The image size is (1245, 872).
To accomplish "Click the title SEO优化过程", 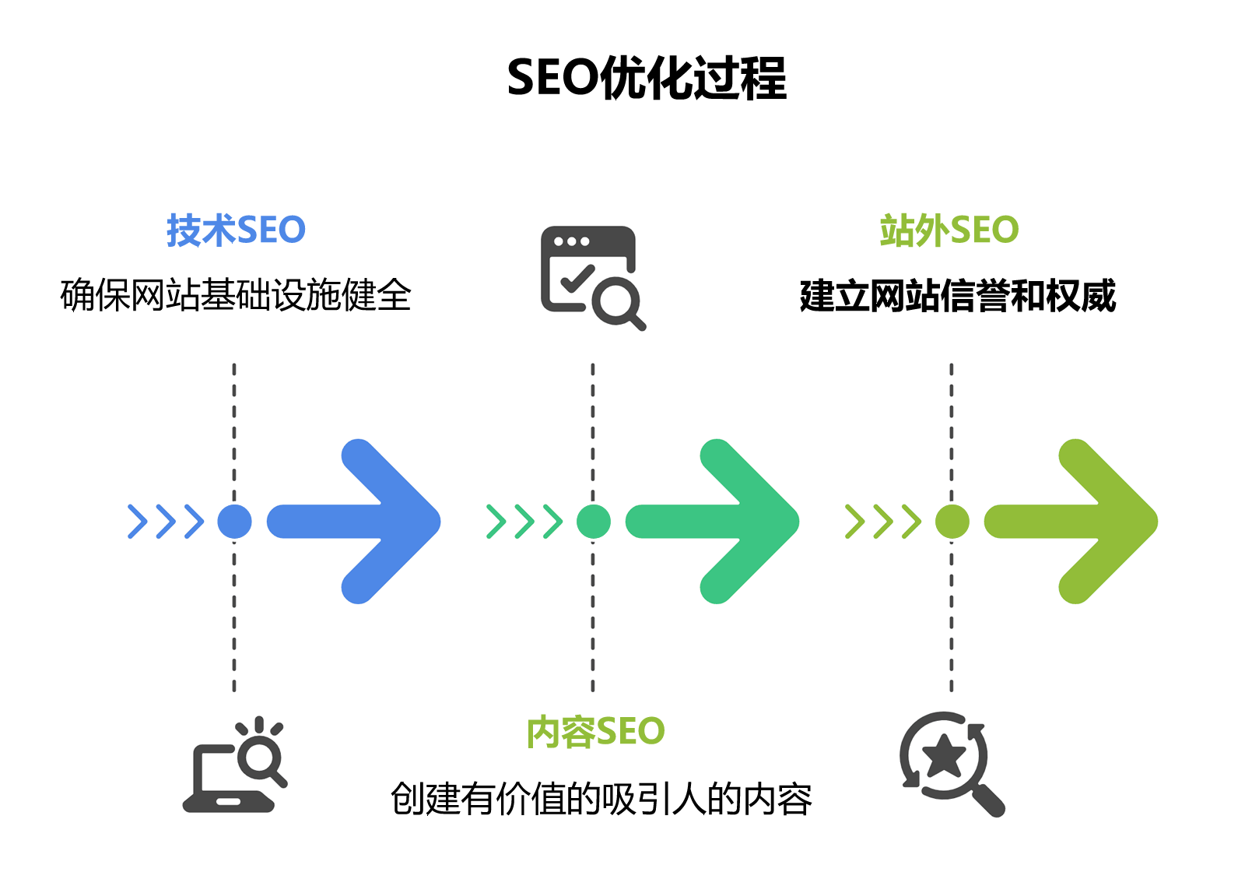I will point(647,78).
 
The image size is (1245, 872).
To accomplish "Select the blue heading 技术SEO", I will point(236,230).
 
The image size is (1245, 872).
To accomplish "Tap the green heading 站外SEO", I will point(949,230).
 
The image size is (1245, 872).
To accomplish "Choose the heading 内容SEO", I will point(595,732).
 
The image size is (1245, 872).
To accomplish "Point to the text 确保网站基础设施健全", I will point(236,295).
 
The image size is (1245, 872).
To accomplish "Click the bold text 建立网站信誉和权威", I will point(958,296).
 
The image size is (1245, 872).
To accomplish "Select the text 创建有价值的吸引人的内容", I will point(601,799).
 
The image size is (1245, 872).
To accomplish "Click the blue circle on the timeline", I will point(234,522).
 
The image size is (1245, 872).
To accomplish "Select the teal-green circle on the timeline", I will point(594,522).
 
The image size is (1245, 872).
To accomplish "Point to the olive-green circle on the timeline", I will point(952,522).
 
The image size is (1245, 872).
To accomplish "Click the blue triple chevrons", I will point(166,522).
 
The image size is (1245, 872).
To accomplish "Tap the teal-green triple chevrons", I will point(524,522).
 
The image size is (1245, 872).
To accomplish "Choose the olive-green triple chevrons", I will point(883,522).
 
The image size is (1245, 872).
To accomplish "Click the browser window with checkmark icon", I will point(591,276).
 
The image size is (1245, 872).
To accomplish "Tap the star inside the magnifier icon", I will point(945,755).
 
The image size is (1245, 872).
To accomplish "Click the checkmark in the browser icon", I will point(577,278).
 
